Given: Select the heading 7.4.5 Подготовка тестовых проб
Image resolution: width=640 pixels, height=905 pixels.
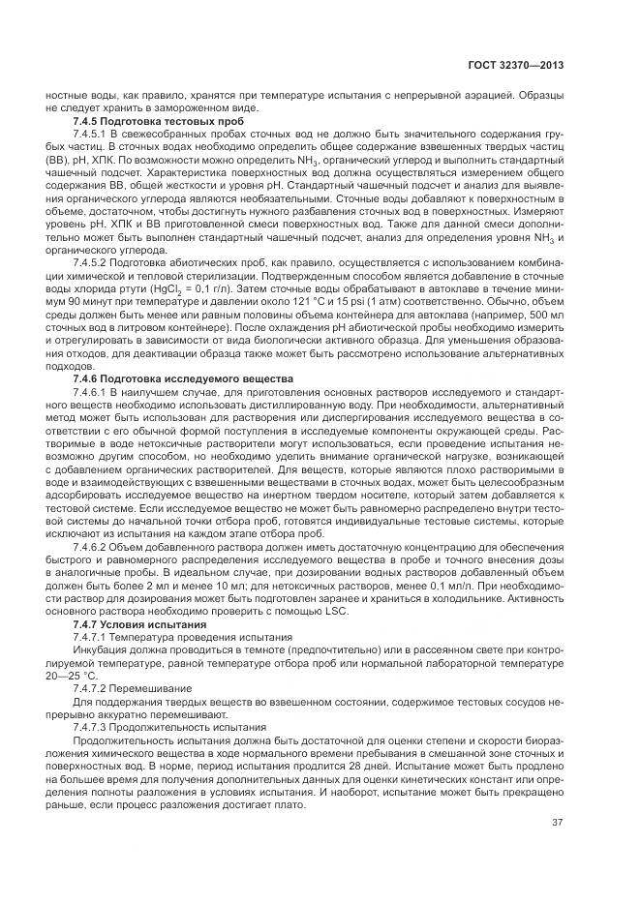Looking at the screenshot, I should pos(159,121).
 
